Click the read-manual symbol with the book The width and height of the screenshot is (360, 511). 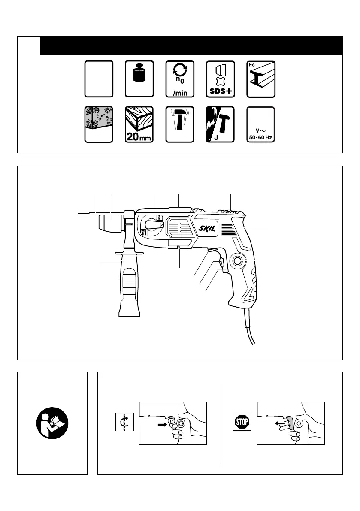coord(52,423)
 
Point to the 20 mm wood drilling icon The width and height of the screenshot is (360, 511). coord(139,125)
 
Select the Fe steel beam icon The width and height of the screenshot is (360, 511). coord(261,79)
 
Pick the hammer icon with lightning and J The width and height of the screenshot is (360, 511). coord(220,125)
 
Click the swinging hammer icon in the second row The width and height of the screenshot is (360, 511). coord(179,125)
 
